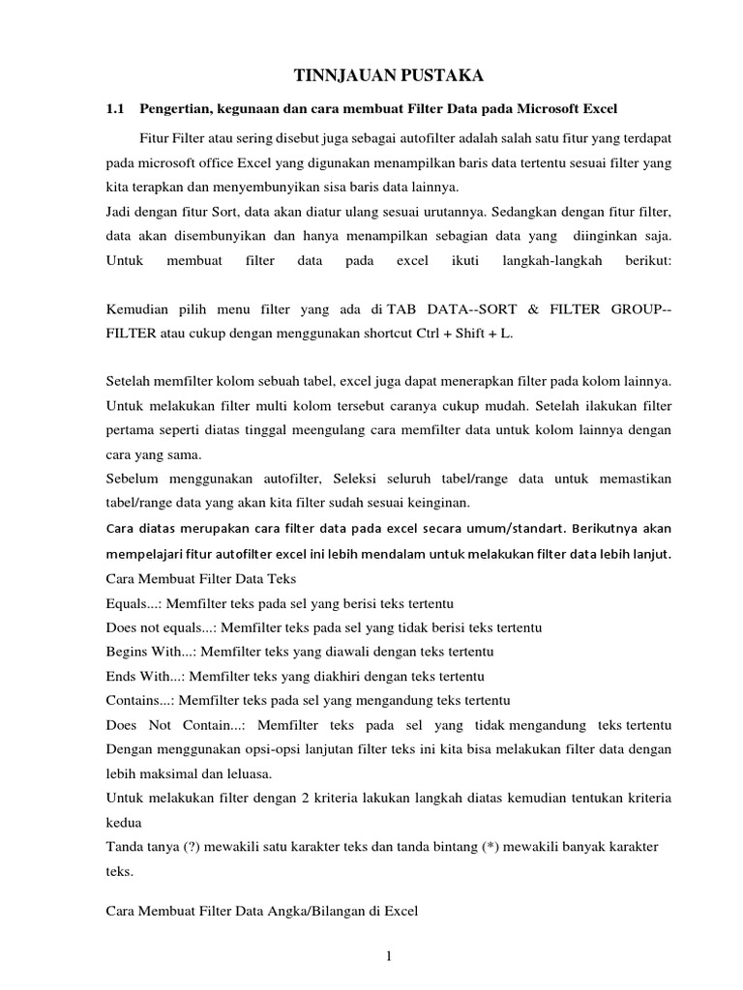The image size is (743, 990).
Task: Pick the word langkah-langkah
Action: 551,261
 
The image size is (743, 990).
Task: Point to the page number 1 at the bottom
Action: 388,957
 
